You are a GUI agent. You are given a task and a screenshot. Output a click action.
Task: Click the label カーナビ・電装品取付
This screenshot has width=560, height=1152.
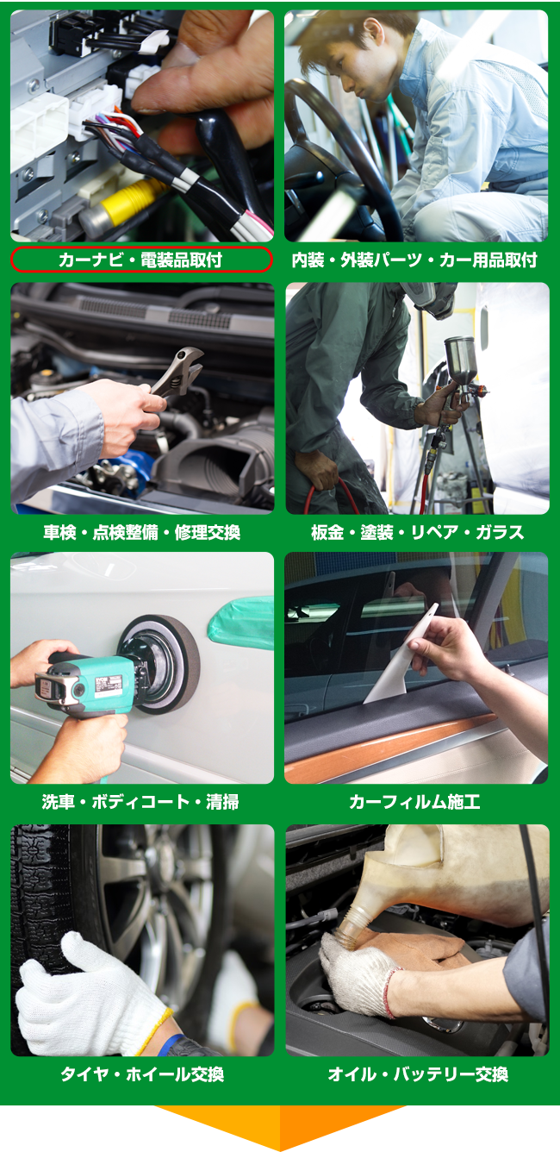(141, 260)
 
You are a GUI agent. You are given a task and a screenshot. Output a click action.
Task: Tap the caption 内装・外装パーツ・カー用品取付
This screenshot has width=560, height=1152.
(414, 260)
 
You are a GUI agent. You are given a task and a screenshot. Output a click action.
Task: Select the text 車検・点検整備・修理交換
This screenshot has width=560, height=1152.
(141, 532)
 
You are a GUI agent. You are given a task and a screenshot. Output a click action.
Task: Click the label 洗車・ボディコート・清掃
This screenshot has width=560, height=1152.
(141, 802)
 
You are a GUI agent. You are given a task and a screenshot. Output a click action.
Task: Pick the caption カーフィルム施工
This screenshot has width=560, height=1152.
(414, 802)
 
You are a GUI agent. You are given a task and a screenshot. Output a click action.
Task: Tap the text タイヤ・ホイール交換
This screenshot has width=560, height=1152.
(141, 1074)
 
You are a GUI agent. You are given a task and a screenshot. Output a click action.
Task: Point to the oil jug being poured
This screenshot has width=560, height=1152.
(457, 871)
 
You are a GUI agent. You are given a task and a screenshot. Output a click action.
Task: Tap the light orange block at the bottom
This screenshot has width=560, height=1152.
(216, 1129)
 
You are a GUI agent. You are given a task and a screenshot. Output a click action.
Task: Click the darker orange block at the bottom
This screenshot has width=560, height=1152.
(344, 1129)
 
